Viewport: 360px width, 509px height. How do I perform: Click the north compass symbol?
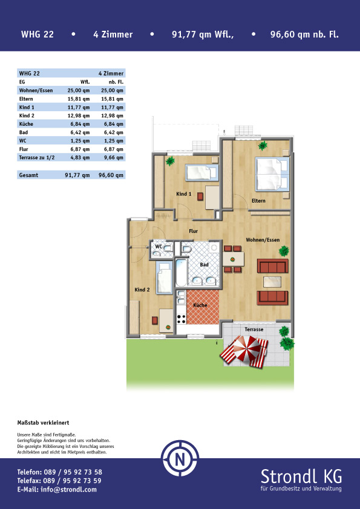tap(180, 458)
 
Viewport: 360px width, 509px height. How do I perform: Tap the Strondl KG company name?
tap(301, 476)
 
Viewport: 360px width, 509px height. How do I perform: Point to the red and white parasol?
tap(247, 348)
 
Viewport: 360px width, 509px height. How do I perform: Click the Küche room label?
tap(200, 305)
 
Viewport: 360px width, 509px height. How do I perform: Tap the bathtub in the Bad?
tap(182, 273)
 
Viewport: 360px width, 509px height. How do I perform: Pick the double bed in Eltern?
tap(272, 173)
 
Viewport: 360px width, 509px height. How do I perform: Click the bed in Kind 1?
tap(201, 172)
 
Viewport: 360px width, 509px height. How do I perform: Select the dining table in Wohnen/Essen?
tap(233, 259)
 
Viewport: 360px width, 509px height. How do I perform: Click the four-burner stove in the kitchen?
tap(182, 319)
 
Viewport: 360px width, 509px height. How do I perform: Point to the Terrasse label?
tap(254, 329)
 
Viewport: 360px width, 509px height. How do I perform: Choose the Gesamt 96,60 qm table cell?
tap(111, 175)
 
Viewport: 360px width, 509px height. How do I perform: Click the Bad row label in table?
tap(24, 132)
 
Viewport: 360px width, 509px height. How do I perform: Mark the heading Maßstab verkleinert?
tap(43, 423)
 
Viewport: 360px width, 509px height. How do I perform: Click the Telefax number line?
tap(59, 481)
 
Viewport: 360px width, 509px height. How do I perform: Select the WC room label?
tap(159, 247)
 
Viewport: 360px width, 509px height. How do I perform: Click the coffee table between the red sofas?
tap(272, 282)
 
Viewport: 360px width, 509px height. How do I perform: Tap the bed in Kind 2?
tap(164, 277)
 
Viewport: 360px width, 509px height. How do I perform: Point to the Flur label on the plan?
tap(194, 231)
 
